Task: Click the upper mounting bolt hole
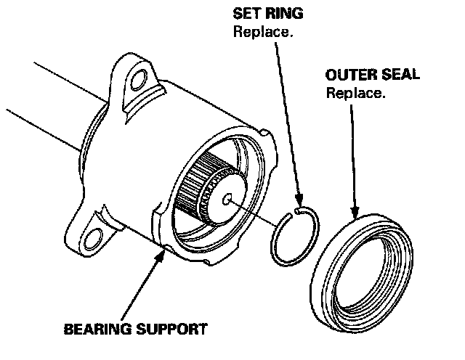(x=136, y=83)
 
